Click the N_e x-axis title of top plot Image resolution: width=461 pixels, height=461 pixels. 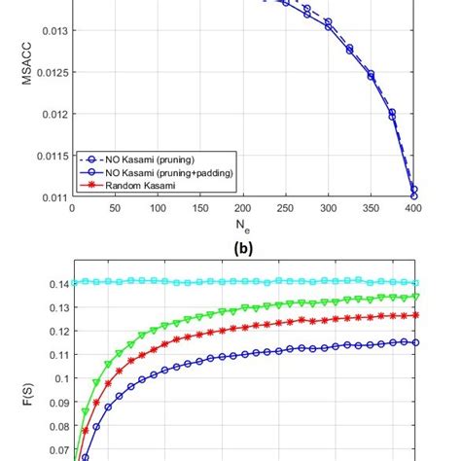242,227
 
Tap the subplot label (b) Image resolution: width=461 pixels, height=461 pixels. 242,248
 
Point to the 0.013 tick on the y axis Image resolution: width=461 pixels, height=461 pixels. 54,31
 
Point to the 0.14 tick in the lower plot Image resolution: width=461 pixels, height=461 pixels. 57,284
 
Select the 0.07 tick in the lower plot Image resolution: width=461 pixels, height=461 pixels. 57,450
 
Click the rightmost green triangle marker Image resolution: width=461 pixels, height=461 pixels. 416,297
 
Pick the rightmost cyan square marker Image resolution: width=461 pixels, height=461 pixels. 416,282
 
